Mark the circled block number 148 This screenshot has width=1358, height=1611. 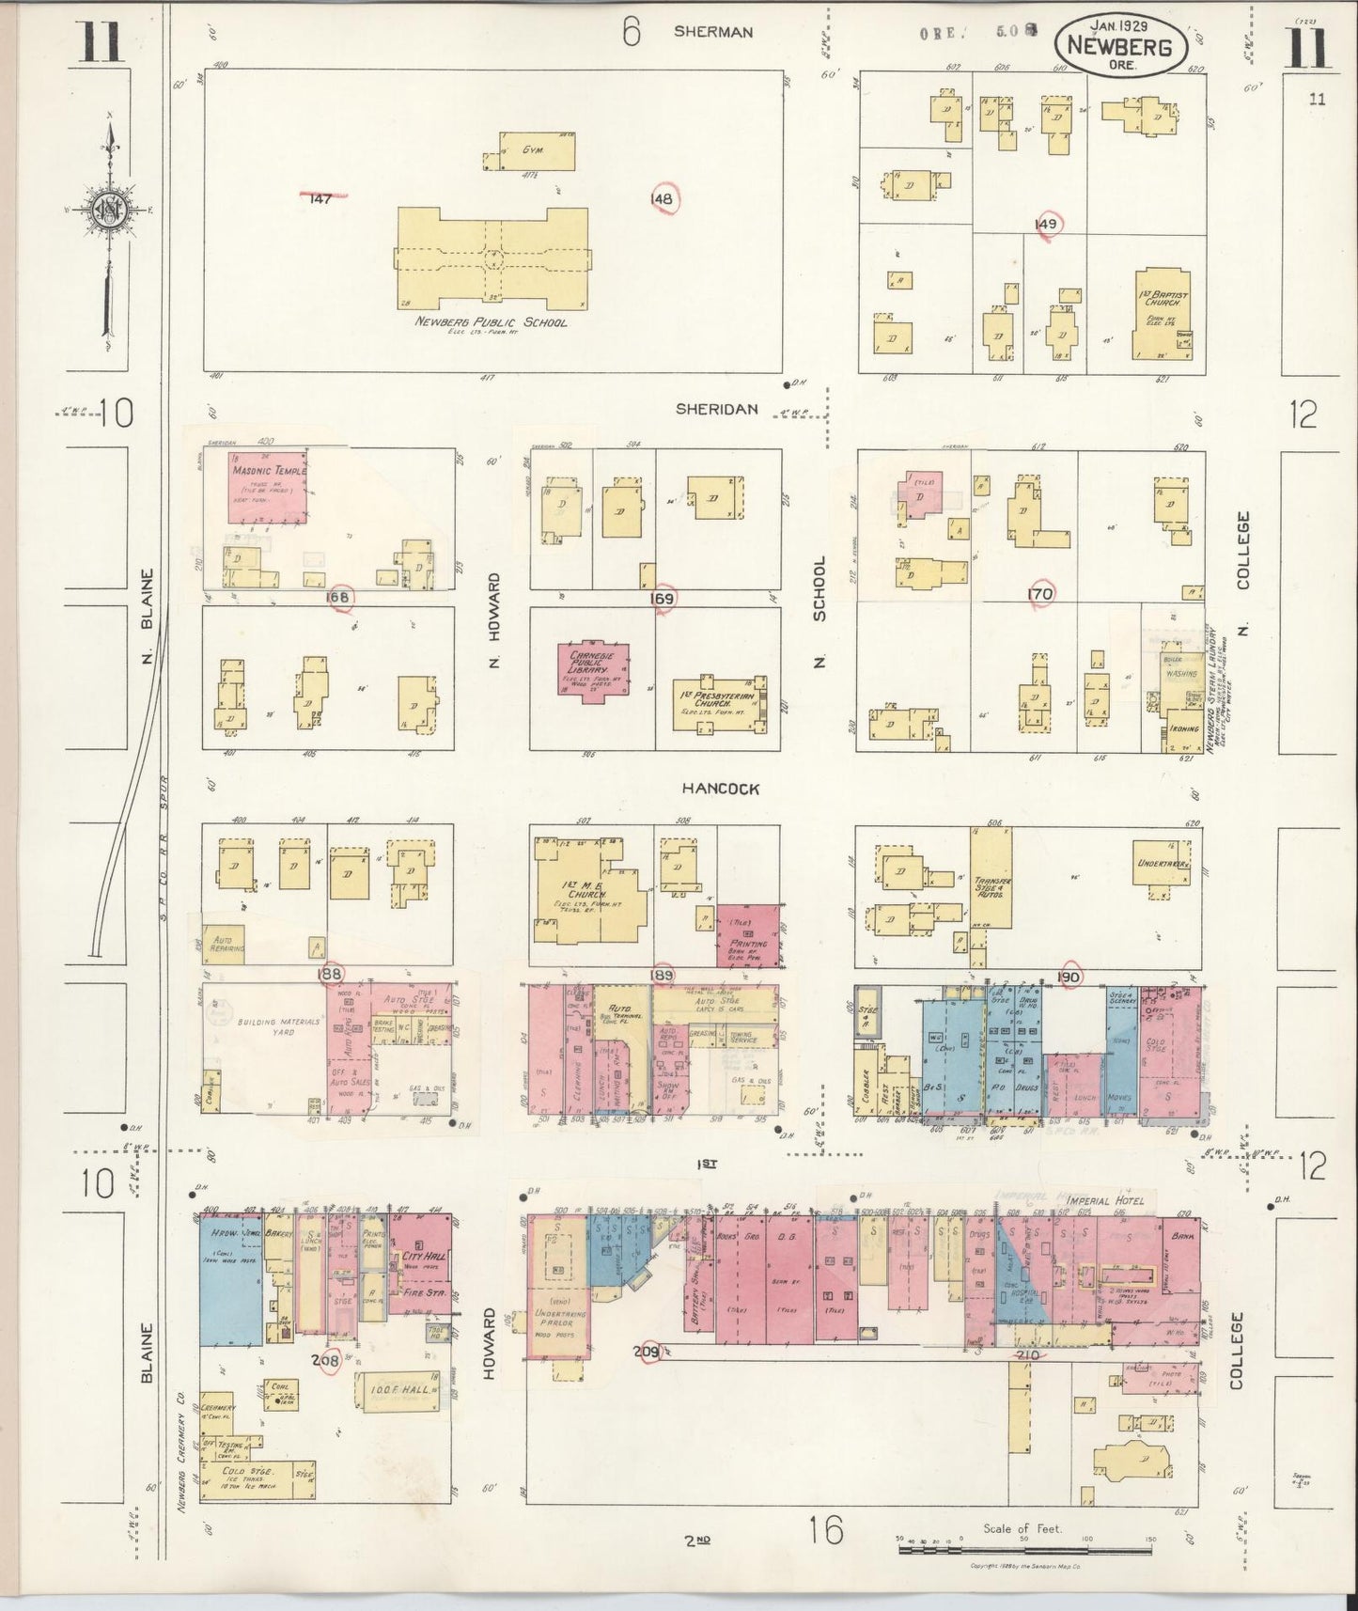[x=663, y=199]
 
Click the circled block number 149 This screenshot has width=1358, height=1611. [x=1046, y=224]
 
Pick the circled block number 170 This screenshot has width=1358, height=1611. [x=1040, y=593]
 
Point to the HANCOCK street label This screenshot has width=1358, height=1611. [x=721, y=790]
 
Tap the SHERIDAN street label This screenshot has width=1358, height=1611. [x=717, y=410]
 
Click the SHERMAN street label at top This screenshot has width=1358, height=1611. [x=712, y=32]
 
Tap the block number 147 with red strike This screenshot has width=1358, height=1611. [x=321, y=198]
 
